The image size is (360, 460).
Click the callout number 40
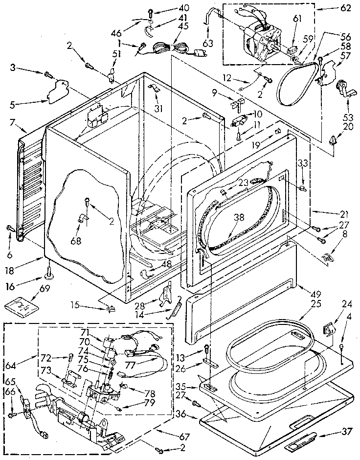pos(170,8)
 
